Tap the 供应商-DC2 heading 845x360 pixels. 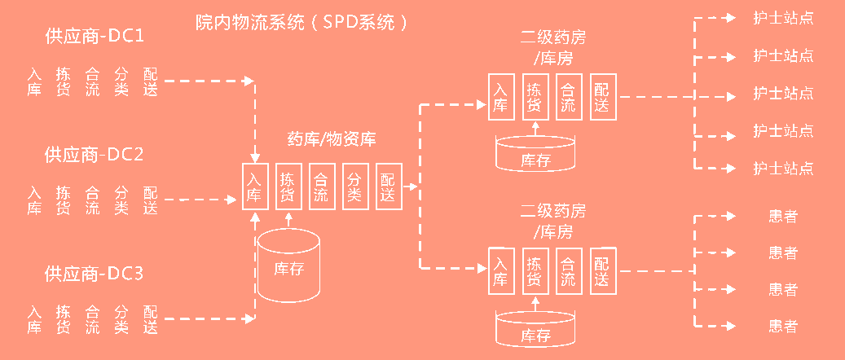click(x=94, y=154)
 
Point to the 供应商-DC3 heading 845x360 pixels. click(x=94, y=273)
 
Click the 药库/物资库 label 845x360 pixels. click(x=332, y=139)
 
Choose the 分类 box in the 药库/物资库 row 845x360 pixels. click(x=354, y=187)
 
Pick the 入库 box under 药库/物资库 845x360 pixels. click(x=255, y=187)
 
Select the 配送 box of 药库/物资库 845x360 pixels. click(x=387, y=187)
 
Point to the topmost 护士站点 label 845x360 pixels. click(x=783, y=17)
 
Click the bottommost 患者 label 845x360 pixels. click(x=783, y=327)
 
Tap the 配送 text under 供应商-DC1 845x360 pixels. click(x=151, y=81)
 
